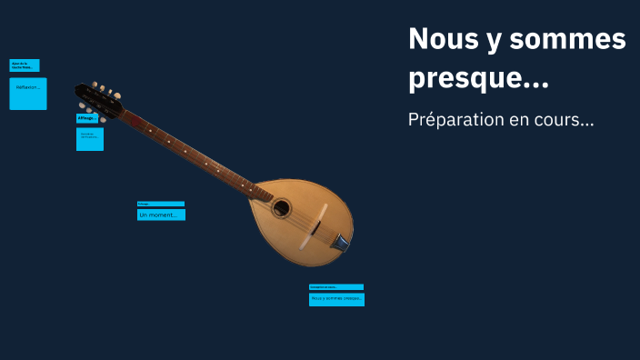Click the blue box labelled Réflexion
point(27,94)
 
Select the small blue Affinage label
point(87,118)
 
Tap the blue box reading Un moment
point(161,215)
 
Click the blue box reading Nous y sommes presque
point(336,298)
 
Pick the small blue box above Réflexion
point(25,65)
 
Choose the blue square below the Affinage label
point(89,139)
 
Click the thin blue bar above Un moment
point(161,204)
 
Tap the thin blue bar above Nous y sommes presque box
point(336,286)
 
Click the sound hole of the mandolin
point(282,208)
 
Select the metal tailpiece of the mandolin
point(340,242)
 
